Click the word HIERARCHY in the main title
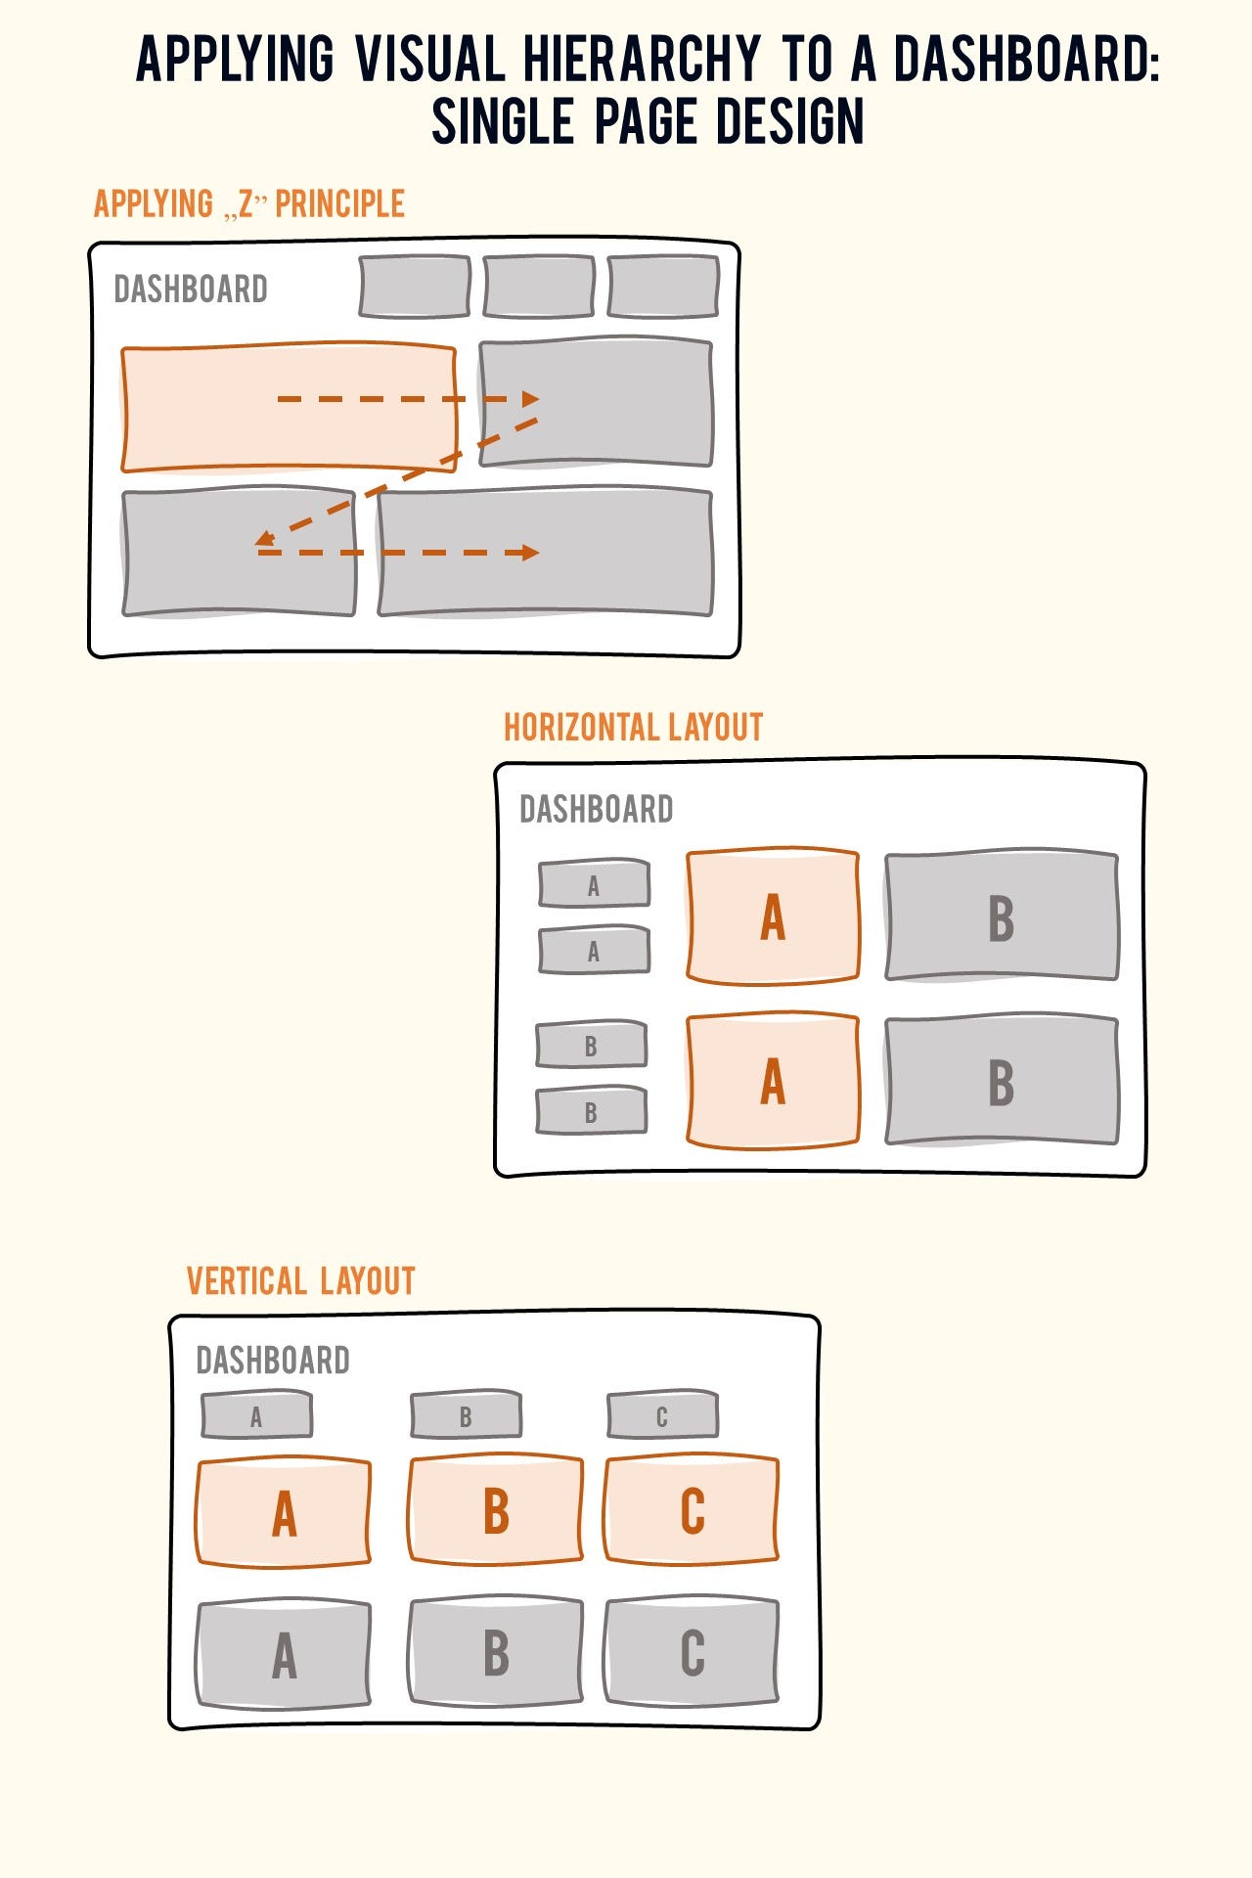[641, 59]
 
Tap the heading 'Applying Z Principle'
[248, 204]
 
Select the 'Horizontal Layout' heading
[633, 728]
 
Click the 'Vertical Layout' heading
[300, 1281]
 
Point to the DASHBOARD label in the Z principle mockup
[191, 290]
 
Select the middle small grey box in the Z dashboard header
[539, 287]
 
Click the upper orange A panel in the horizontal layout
[773, 917]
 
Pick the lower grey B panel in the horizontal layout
[1001, 1082]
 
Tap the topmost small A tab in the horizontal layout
[594, 885]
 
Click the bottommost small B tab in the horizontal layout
[591, 1112]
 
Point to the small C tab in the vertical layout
[662, 1416]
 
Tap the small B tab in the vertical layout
[466, 1416]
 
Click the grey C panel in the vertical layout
[692, 1653]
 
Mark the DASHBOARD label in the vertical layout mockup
[273, 1361]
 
